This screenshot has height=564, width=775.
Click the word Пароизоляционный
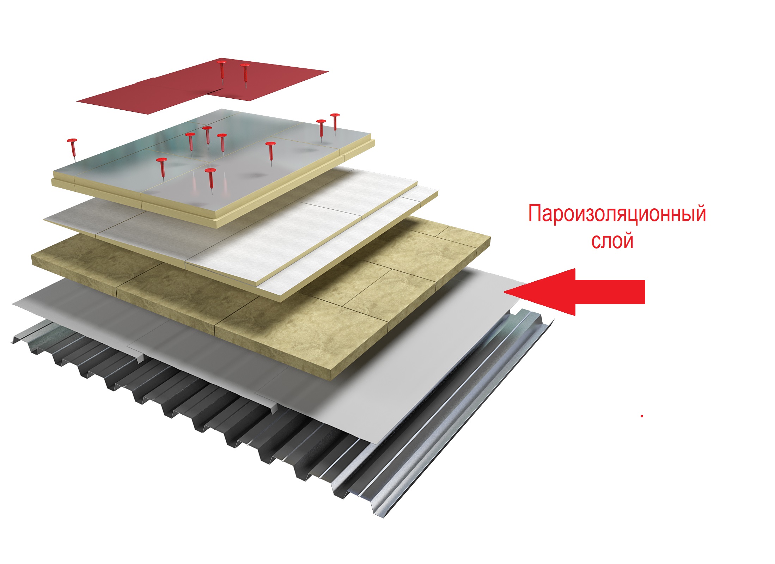(617, 214)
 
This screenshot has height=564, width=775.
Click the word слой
(612, 241)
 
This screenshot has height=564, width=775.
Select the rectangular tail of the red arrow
(610, 292)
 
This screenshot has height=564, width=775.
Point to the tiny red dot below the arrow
(642, 416)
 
